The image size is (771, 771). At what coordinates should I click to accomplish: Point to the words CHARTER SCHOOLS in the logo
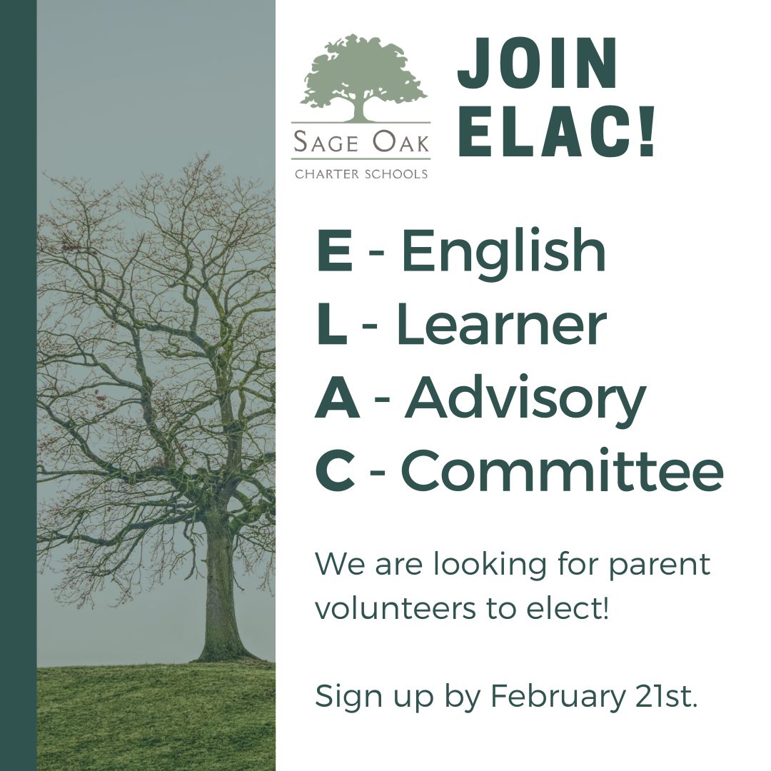[x=361, y=174]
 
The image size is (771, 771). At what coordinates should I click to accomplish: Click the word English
[x=504, y=252]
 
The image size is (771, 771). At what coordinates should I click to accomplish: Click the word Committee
[x=563, y=470]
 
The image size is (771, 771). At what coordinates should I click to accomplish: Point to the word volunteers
[x=395, y=608]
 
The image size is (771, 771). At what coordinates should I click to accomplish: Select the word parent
[x=660, y=566]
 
